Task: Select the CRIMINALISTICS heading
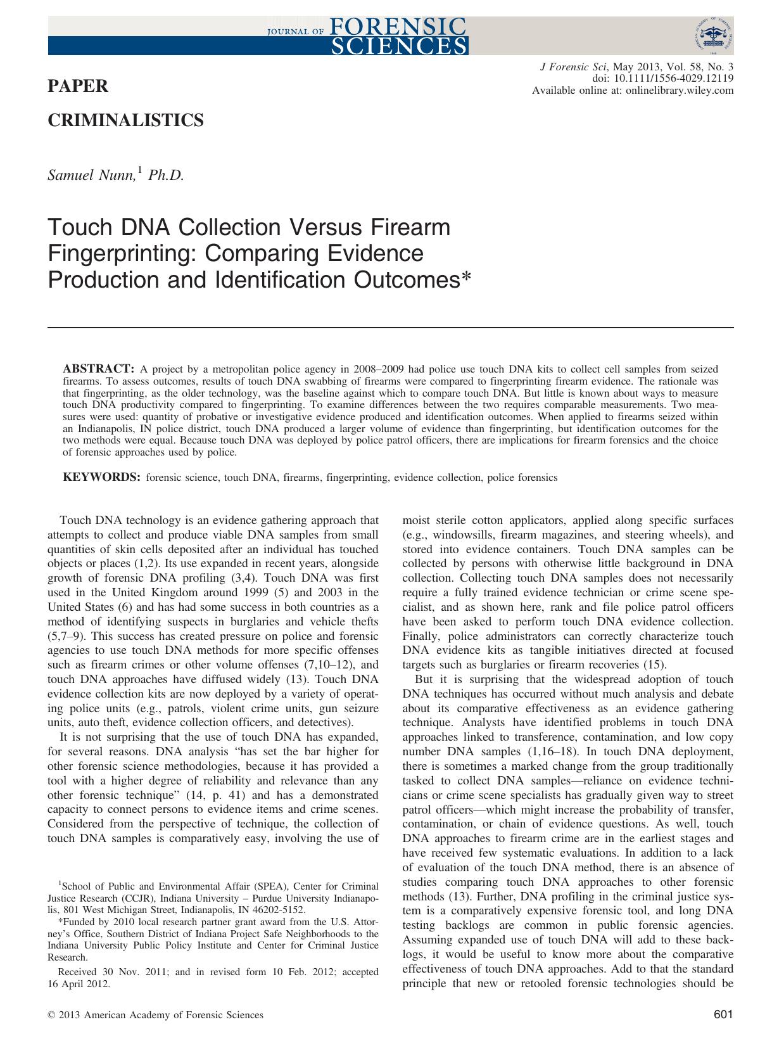click(x=126, y=120)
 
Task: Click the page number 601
click(x=723, y=1014)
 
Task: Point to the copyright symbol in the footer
click(x=51, y=1015)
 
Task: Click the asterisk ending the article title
click(x=467, y=279)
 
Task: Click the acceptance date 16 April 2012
click(x=79, y=984)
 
